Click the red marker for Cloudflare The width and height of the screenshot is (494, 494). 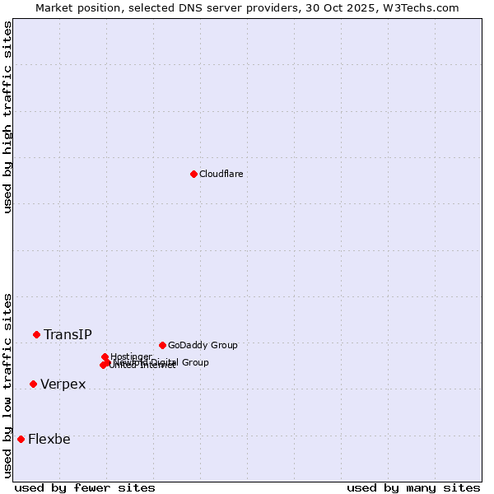click(x=193, y=174)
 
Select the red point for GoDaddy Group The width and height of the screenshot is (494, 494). click(x=162, y=345)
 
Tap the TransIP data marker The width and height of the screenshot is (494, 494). click(x=36, y=334)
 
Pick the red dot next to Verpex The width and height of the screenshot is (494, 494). click(x=33, y=384)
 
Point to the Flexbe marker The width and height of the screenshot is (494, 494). click(x=21, y=439)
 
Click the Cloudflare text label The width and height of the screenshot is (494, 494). click(x=221, y=174)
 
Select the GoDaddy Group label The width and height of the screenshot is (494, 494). click(x=203, y=345)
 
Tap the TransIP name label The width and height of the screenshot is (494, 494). click(x=68, y=334)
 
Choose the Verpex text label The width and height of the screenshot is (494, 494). click(x=63, y=384)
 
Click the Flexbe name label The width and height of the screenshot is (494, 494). click(x=49, y=439)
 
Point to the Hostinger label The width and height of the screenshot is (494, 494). click(x=131, y=357)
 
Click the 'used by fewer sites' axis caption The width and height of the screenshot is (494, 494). click(x=85, y=487)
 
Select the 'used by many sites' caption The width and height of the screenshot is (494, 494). click(x=413, y=487)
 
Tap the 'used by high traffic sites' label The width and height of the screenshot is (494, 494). click(x=7, y=117)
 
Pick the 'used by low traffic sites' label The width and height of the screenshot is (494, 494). click(x=7, y=384)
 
